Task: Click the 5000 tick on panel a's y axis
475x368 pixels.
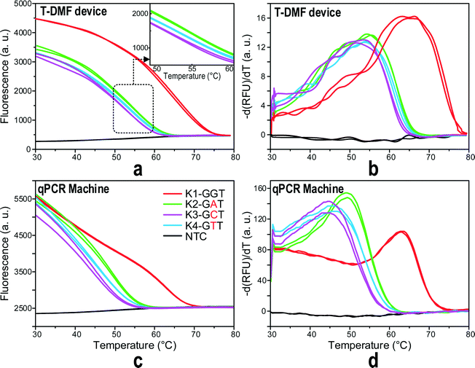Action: [17, 4]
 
